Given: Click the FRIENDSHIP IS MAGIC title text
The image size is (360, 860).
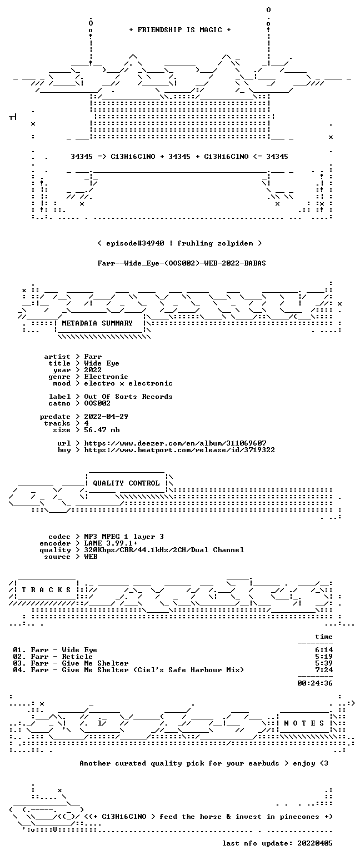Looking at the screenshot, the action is [x=180, y=30].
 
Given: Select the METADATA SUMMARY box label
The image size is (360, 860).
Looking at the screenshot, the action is [x=97, y=323].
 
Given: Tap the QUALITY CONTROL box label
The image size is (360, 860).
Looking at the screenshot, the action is [x=126, y=483].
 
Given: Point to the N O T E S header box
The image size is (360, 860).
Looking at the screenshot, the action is [x=304, y=723].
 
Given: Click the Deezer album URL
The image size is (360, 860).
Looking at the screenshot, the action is [x=175, y=443].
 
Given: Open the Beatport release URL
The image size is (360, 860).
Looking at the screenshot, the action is [x=179, y=450].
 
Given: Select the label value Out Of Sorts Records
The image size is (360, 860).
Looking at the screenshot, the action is [x=128, y=397].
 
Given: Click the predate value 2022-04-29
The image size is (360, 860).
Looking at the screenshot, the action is [x=106, y=417].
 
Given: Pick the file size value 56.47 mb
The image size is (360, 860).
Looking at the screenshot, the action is [x=102, y=430].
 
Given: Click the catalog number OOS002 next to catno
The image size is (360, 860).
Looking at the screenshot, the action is [x=97, y=403].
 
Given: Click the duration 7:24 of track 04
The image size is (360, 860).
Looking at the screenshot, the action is [x=324, y=670].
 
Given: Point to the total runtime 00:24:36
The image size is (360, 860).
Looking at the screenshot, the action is [x=314, y=683].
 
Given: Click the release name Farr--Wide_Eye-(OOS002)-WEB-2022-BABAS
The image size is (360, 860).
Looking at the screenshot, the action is [x=182, y=263].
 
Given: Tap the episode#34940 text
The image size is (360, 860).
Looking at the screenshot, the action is [x=135, y=243].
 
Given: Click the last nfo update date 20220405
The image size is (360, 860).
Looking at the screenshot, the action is [x=314, y=843].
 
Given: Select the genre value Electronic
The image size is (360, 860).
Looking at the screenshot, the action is [x=106, y=377].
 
